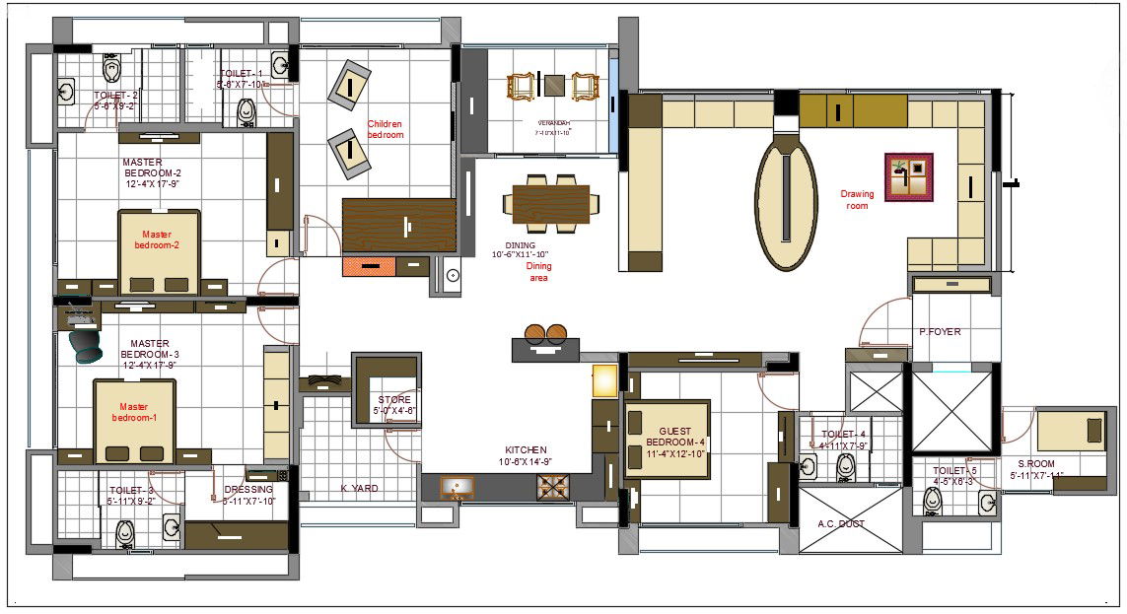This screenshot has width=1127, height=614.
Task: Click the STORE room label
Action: pos(394,400)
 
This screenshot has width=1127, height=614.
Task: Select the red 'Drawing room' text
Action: pos(857,200)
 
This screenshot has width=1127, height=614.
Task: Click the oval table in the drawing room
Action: pos(786,203)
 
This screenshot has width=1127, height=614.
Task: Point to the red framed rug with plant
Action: pos(908,177)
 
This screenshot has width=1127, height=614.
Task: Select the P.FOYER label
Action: pos(939,332)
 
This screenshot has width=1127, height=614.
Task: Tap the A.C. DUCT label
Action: pos(841,524)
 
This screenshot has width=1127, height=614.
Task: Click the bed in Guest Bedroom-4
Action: pos(667,438)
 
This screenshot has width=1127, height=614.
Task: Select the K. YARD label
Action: pos(360,489)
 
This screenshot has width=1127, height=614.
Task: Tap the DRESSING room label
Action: pos(248,490)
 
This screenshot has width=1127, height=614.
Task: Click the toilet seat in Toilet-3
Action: pos(125,532)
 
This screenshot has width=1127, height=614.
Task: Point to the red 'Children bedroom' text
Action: pos(386,129)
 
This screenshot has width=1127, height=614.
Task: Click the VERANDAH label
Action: pos(552,124)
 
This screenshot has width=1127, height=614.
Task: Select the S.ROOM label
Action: pos(1036,464)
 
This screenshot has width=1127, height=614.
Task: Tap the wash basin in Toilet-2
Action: pos(67,93)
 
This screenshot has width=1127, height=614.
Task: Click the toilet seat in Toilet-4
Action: pos(845,467)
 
